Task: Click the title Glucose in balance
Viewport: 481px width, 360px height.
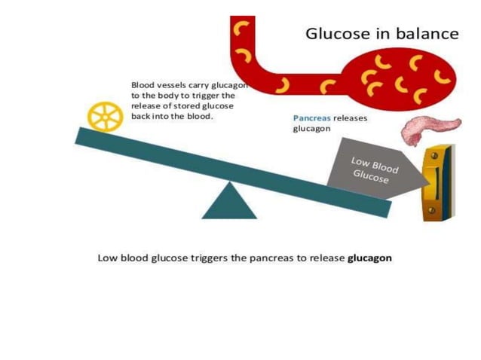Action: tap(381, 34)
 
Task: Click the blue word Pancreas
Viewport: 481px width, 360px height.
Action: tap(312, 118)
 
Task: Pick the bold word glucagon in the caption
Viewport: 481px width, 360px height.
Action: tap(369, 258)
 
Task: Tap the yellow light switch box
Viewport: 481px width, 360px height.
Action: tap(437, 185)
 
